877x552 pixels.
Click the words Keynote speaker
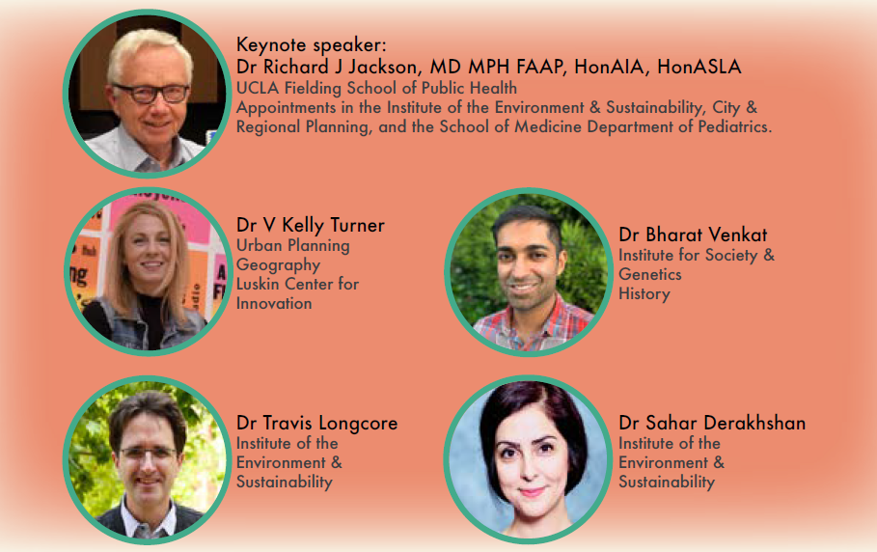[311, 44]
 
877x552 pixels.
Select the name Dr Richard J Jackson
[327, 67]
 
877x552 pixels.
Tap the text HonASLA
[699, 67]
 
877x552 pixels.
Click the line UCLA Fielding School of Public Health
[376, 88]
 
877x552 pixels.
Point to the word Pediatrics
[734, 127]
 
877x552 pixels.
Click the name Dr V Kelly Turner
[311, 225]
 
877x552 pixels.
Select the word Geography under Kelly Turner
[278, 265]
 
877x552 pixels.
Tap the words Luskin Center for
[297, 284]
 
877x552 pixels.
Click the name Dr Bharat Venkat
[693, 235]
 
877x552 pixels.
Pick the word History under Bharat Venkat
[644, 294]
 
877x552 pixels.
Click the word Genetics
[650, 274]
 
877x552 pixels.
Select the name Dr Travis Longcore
[317, 423]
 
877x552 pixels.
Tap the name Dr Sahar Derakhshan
[712, 423]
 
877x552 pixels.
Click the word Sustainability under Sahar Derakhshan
[667, 483]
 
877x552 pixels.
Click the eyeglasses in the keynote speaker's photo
[152, 93]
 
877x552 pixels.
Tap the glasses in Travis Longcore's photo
[148, 452]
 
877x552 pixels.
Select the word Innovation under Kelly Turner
[274, 304]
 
